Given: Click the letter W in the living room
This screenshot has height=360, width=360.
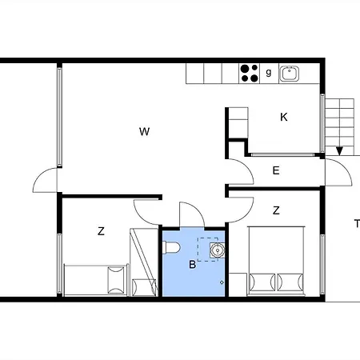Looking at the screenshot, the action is click(x=144, y=132).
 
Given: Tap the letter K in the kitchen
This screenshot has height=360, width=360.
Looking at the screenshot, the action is click(x=284, y=117).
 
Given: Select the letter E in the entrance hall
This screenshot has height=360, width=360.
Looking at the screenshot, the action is click(x=276, y=170).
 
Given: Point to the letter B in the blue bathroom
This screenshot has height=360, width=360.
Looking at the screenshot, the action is click(x=192, y=265).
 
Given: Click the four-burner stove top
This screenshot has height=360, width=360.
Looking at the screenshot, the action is click(x=250, y=74).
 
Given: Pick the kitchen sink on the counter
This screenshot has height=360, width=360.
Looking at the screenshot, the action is click(x=289, y=74).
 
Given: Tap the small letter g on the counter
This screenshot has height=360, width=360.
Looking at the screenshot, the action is click(x=269, y=72).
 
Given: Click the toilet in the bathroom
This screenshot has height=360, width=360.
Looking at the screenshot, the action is click(x=171, y=247).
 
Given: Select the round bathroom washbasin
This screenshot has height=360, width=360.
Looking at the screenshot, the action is click(x=218, y=250).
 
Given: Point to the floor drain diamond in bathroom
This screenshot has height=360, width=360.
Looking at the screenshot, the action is click(x=222, y=282).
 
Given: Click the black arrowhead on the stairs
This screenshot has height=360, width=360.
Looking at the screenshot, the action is click(x=339, y=151).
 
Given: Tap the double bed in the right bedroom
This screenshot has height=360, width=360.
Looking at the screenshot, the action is click(x=276, y=261).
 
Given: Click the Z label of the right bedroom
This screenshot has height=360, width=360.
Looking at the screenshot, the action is click(x=276, y=210).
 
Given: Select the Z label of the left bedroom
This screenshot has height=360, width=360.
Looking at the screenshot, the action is click(x=101, y=231).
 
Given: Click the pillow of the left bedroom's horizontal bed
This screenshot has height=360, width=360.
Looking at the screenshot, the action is click(x=116, y=280).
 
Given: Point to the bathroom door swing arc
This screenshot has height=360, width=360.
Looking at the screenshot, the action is click(x=198, y=209).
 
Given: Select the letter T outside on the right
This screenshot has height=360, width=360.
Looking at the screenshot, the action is click(x=357, y=223).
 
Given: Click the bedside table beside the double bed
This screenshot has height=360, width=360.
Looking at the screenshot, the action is click(x=238, y=285).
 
